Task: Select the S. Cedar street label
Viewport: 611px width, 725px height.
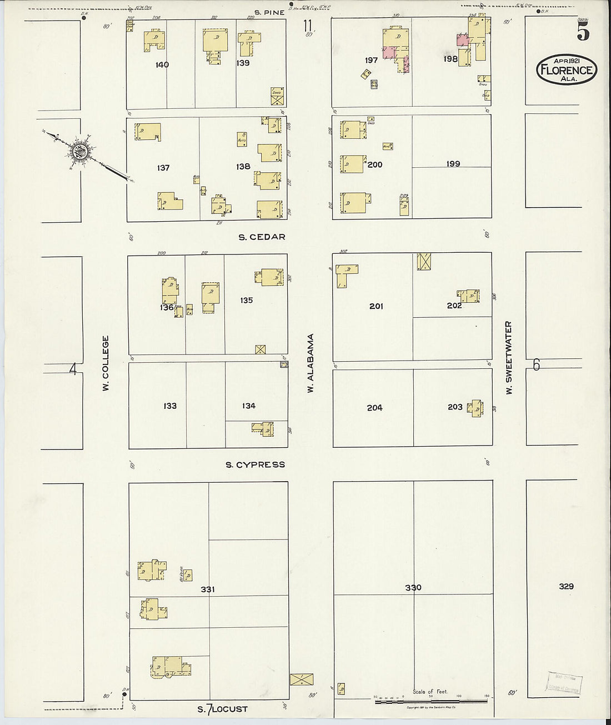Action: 262,237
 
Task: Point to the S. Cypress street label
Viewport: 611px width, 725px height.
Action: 255,464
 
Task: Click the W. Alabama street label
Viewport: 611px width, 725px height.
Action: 311,363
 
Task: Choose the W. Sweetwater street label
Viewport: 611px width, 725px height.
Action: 508,358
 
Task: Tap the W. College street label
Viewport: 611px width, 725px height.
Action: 106,362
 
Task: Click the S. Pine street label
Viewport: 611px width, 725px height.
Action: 269,12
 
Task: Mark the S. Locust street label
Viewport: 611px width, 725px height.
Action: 223,709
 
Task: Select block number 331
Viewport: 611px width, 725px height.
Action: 208,589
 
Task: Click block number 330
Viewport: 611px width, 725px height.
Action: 413,587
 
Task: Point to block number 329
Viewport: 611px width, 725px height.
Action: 567,586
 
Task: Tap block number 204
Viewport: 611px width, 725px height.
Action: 374,408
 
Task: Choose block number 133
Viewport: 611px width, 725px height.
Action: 170,406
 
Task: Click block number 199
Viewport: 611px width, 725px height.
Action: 453,164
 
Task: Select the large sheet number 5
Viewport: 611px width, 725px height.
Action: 583,33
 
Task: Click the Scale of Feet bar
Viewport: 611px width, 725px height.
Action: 430,702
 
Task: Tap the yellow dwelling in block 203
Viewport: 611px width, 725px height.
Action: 475,408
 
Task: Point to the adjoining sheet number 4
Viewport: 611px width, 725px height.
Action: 72,369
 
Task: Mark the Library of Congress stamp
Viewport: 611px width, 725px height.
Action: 564,684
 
